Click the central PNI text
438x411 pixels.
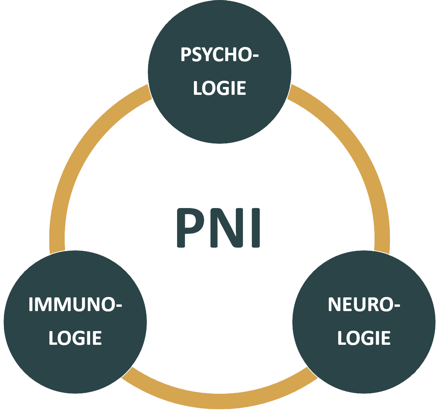click(x=219, y=228)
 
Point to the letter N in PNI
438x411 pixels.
click(x=226, y=228)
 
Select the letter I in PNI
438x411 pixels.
click(x=256, y=228)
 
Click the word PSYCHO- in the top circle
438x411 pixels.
click(x=219, y=54)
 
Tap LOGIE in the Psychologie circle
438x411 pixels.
click(x=219, y=88)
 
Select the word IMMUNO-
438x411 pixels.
click(x=75, y=304)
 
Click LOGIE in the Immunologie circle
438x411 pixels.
click(x=75, y=338)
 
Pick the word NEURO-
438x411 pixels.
click(x=364, y=304)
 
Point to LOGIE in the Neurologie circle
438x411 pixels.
click(x=364, y=338)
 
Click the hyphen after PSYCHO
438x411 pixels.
click(x=255, y=56)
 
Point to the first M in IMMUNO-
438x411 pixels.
click(x=44, y=304)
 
